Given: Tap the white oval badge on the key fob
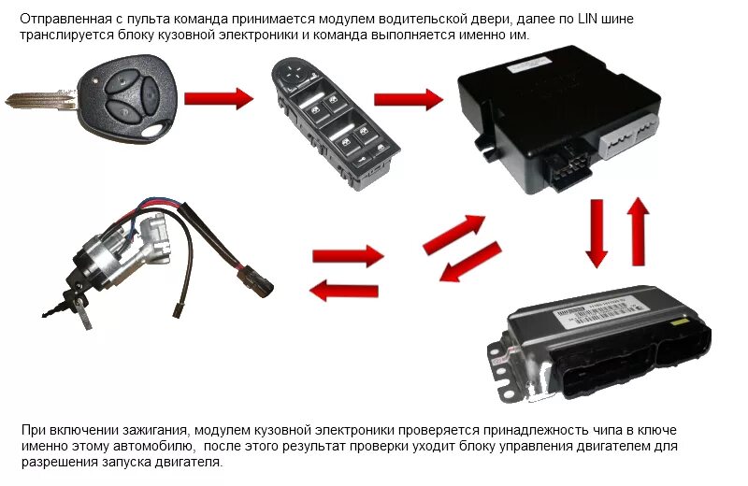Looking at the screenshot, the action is pyautogui.click(x=155, y=130).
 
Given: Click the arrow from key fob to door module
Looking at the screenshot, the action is pyautogui.click(x=219, y=98).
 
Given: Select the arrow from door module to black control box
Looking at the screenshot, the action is pyautogui.click(x=409, y=99).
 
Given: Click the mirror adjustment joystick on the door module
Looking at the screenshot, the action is pyautogui.click(x=292, y=73).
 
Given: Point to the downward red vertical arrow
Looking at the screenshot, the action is pyautogui.click(x=597, y=234).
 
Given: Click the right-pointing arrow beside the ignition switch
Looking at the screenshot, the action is pyautogui.click(x=348, y=256).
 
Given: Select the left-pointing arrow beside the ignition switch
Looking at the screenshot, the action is pyautogui.click(x=344, y=291).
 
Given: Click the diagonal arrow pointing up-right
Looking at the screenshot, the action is pyautogui.click(x=453, y=234).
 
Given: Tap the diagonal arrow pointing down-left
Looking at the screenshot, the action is pyautogui.click(x=470, y=263).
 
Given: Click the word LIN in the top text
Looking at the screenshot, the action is pyautogui.click(x=588, y=19).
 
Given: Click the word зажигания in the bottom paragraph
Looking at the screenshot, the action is pyautogui.click(x=154, y=430).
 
